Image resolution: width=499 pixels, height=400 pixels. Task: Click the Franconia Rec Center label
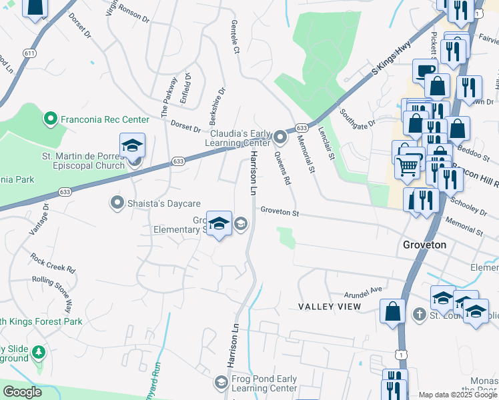point(105,120)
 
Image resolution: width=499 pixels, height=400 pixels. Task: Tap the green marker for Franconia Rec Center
point(49,120)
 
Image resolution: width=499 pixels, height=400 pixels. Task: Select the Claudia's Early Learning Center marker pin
point(280,139)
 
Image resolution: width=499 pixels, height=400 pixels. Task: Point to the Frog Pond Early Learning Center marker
point(221,382)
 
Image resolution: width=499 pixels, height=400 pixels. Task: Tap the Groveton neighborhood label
point(429,245)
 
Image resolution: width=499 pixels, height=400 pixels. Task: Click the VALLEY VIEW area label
point(330,307)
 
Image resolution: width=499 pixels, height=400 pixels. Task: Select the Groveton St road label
point(280,211)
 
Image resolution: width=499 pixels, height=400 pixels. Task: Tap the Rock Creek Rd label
point(52,261)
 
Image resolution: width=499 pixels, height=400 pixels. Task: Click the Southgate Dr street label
point(358,117)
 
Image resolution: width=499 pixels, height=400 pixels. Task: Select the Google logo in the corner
point(22,392)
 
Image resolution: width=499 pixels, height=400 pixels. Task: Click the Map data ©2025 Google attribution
point(458,395)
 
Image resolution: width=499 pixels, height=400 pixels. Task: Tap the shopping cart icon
point(407,165)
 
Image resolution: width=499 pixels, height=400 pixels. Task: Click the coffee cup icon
point(425,70)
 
